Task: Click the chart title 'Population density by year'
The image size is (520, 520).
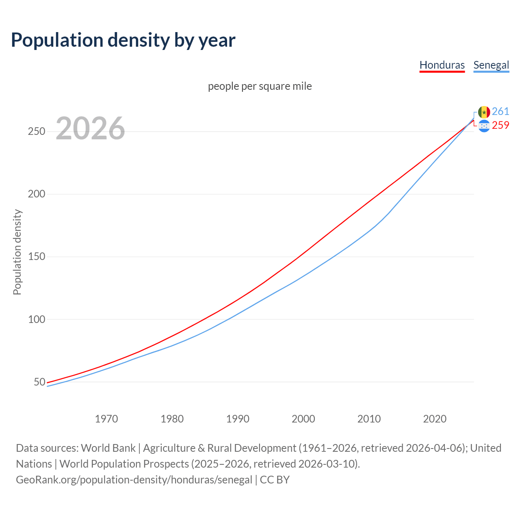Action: pyautogui.click(x=123, y=40)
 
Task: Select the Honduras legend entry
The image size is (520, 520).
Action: pyautogui.click(x=442, y=65)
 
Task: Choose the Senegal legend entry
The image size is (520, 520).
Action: pyautogui.click(x=491, y=65)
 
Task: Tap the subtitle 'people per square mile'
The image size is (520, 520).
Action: pyautogui.click(x=260, y=86)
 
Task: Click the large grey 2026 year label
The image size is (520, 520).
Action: pyautogui.click(x=90, y=128)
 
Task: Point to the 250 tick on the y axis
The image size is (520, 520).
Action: pyautogui.click(x=37, y=132)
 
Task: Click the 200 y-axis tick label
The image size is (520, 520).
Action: pyautogui.click(x=37, y=194)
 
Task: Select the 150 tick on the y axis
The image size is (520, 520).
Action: pyautogui.click(x=37, y=257)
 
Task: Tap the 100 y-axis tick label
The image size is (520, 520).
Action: pyautogui.click(x=37, y=319)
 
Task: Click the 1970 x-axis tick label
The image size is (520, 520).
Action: pyautogui.click(x=106, y=419)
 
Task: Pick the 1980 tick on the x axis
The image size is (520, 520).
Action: pyautogui.click(x=172, y=419)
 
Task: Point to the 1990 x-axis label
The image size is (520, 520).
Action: pyautogui.click(x=238, y=419)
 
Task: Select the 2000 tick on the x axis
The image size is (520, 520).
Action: pyautogui.click(x=303, y=419)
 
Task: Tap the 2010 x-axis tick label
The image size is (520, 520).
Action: pyautogui.click(x=369, y=419)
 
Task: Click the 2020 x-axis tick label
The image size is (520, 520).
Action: pyautogui.click(x=435, y=419)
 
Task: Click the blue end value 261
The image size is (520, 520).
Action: pyautogui.click(x=500, y=112)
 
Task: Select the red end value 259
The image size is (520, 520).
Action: pyautogui.click(x=500, y=126)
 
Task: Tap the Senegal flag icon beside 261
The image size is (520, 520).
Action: pyautogui.click(x=484, y=112)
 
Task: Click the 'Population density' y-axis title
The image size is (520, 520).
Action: pyautogui.click(x=17, y=252)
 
